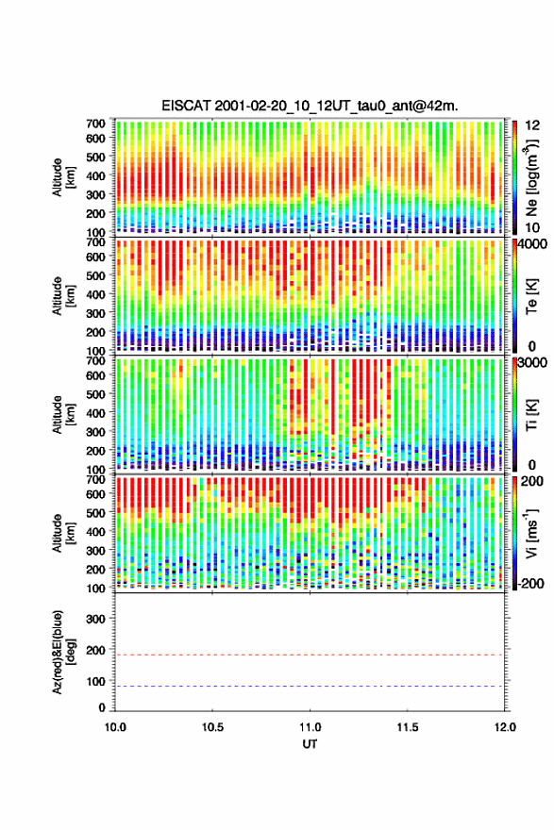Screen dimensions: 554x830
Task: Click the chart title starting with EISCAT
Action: click(310, 106)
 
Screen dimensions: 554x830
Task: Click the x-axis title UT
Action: click(310, 744)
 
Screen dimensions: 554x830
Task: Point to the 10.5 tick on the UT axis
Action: click(212, 727)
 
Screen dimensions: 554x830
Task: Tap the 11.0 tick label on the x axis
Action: click(310, 727)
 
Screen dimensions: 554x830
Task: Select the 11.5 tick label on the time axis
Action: click(408, 727)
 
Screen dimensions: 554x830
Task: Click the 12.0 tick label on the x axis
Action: click(505, 727)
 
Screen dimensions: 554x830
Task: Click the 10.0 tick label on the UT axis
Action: click(115, 727)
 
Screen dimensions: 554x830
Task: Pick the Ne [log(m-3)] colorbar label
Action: click(531, 177)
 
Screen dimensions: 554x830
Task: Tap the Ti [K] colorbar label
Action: click(531, 415)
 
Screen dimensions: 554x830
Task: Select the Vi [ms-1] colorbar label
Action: click(531, 534)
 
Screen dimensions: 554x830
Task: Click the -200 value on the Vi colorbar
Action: click(529, 583)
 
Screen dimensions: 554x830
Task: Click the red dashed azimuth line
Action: click(310, 655)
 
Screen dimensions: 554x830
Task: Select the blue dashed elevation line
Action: click(310, 686)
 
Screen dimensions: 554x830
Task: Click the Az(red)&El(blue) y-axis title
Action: click(63, 652)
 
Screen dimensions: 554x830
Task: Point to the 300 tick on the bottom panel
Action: click(96, 619)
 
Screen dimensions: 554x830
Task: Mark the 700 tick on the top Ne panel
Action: click(96, 124)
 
